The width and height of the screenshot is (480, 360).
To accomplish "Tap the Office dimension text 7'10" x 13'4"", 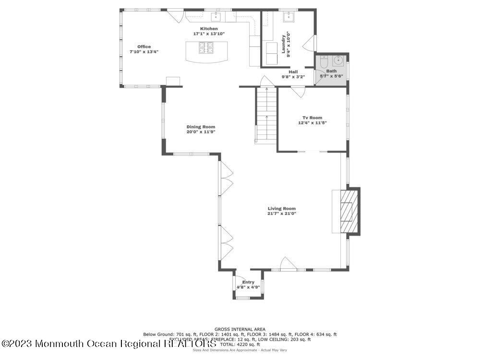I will tap(144, 52).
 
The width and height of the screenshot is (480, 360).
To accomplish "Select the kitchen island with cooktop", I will tap(208, 51).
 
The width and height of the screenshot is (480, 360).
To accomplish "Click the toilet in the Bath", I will tap(323, 62).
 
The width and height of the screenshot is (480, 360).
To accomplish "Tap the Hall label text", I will tap(293, 72).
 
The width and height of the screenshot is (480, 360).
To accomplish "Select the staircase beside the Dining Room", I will tap(266, 115).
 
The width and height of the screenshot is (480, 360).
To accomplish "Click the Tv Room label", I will tap(312, 118).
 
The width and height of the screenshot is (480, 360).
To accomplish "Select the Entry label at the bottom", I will tap(248, 282).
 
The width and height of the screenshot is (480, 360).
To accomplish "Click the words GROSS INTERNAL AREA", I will tap(240, 329).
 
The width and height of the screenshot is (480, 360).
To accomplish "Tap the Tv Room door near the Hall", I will tap(298, 91).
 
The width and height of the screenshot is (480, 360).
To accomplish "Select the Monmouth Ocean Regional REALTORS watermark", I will tap(109, 343).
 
